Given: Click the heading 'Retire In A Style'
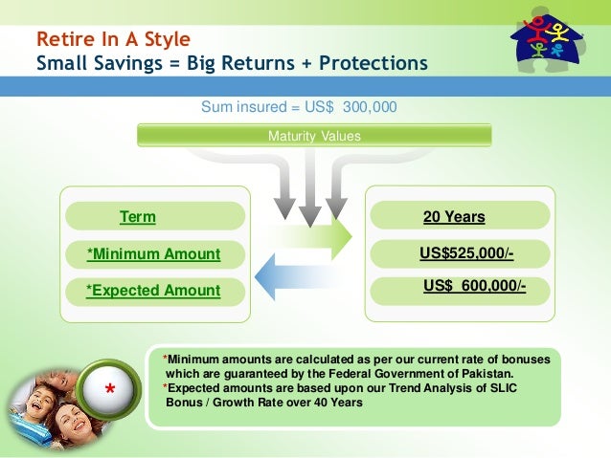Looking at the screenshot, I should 113,40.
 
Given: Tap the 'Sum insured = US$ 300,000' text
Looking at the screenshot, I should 299,107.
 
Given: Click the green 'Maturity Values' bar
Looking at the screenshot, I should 313,136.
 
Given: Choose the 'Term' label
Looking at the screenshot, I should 137,217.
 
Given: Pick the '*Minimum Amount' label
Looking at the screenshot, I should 153,253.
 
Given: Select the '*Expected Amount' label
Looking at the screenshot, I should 153,290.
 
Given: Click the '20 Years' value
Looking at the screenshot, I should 454,217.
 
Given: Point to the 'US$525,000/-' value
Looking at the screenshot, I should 466,253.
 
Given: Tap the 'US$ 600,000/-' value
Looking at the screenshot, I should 474,285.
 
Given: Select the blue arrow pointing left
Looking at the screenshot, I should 292,275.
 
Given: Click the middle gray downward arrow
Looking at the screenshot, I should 309,197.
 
